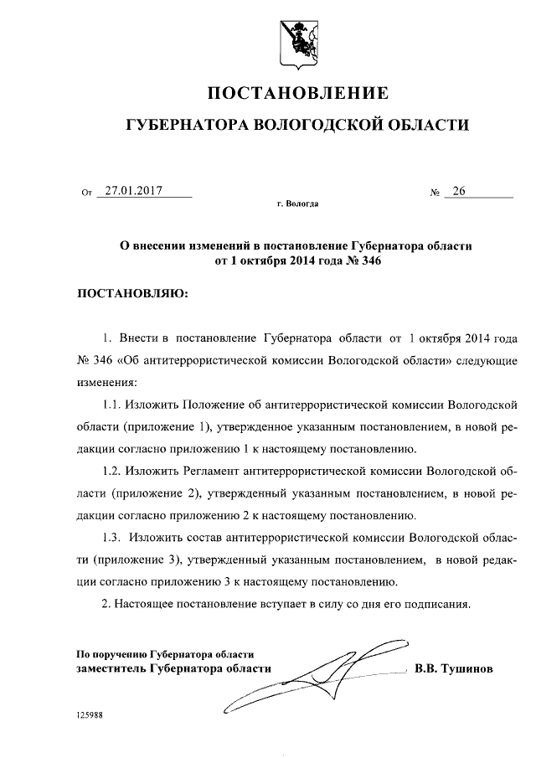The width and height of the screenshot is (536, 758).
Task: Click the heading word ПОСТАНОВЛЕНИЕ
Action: (297, 91)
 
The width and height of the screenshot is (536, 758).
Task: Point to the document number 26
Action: (458, 191)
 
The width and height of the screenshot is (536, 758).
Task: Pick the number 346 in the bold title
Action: (371, 260)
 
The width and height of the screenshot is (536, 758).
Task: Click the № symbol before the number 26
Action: (435, 193)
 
